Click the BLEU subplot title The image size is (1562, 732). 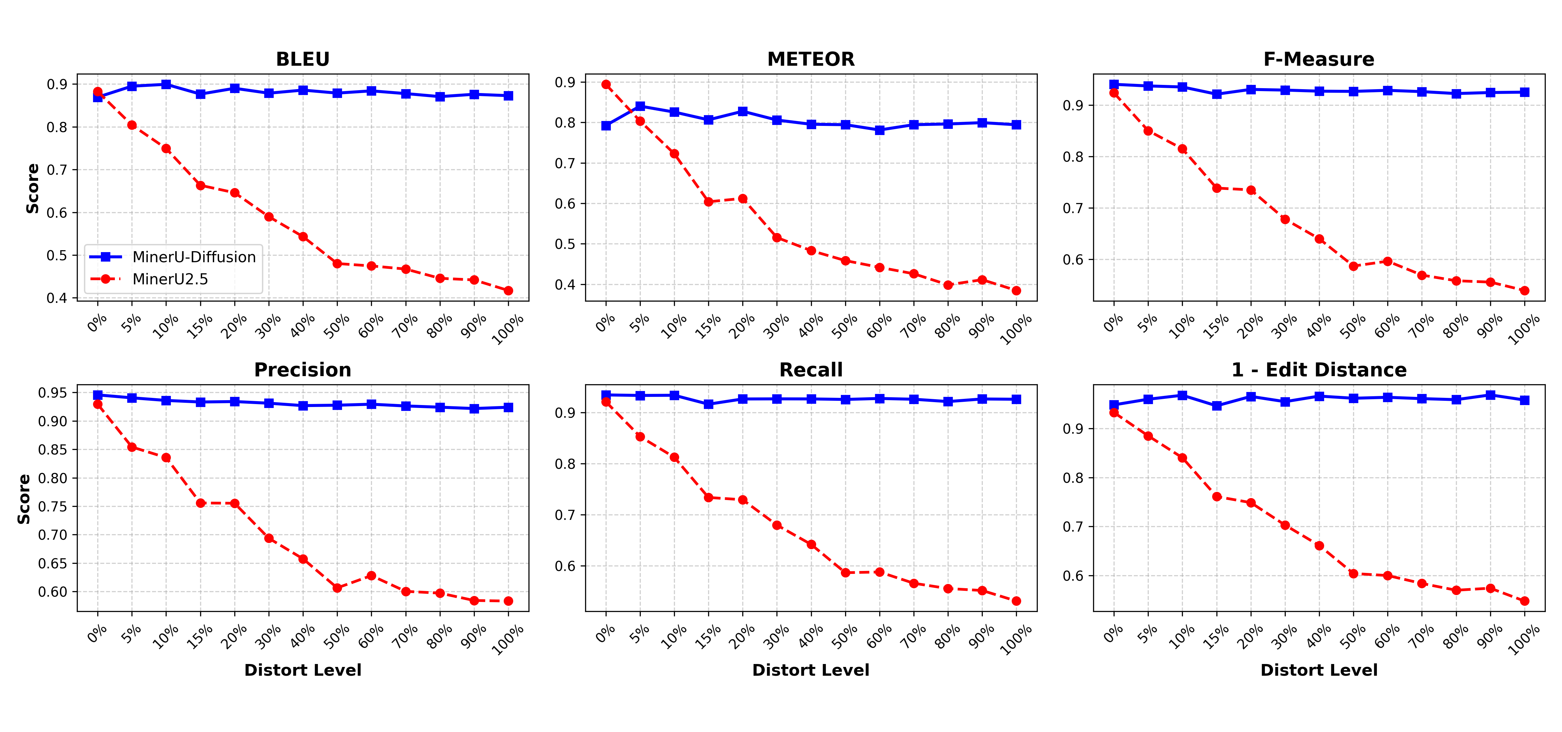(x=303, y=60)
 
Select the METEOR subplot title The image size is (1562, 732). (x=811, y=60)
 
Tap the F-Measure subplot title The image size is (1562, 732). (x=1319, y=60)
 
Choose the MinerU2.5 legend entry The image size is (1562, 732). (x=170, y=279)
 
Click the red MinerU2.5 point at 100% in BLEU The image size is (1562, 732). (x=508, y=291)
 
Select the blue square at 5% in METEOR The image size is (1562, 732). (x=640, y=107)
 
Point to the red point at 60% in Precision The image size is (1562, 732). (x=371, y=576)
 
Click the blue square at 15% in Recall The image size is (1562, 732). (x=708, y=404)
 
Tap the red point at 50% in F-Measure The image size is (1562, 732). (x=1353, y=266)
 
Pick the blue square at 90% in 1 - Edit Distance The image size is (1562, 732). (x=1490, y=395)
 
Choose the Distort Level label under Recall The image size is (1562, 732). (x=811, y=670)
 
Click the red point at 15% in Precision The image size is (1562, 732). (x=200, y=503)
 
